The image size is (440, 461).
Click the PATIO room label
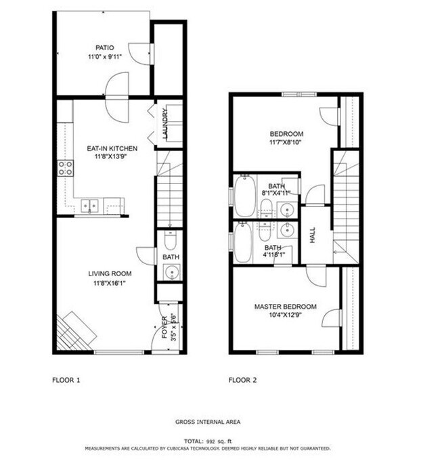(104, 48)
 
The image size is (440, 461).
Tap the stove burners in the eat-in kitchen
(66, 168)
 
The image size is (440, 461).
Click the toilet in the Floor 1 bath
(170, 240)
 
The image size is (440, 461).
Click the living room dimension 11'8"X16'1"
(109, 283)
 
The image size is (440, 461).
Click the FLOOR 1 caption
(66, 380)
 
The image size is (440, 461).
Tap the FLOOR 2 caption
(242, 380)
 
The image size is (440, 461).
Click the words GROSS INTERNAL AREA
(208, 422)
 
